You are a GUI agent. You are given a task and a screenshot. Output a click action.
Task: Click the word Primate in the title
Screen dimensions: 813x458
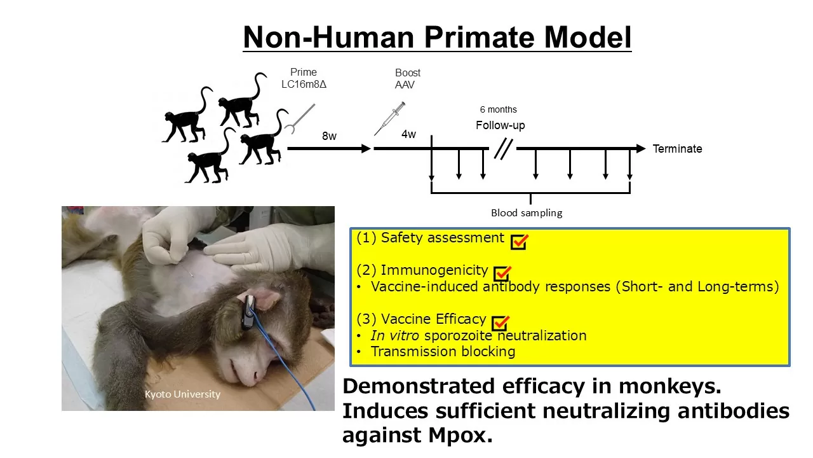pyautogui.click(x=479, y=38)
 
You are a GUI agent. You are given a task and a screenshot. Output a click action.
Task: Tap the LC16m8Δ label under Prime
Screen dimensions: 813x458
pyautogui.click(x=304, y=85)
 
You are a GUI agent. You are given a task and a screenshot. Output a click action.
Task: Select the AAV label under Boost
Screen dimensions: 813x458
pyautogui.click(x=405, y=85)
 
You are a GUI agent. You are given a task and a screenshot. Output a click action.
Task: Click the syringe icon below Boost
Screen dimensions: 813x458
pyautogui.click(x=389, y=118)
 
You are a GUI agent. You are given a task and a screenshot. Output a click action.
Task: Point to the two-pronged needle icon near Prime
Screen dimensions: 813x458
pyautogui.click(x=299, y=118)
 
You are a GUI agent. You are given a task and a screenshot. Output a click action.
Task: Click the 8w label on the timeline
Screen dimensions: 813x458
pyautogui.click(x=329, y=136)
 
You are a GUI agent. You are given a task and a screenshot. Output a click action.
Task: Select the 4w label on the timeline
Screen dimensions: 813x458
pyautogui.click(x=408, y=134)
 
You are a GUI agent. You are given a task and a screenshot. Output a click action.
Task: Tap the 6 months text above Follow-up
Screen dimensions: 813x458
pyautogui.click(x=499, y=109)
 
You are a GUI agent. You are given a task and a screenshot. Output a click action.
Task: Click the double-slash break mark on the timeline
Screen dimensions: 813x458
pyautogui.click(x=504, y=149)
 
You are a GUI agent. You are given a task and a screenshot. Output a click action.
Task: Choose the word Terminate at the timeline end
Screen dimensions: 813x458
pyautogui.click(x=677, y=149)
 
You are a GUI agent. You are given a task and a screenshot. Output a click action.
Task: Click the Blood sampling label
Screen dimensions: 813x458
pyautogui.click(x=527, y=213)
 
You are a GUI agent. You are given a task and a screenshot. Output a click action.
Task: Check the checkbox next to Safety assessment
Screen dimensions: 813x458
pyautogui.click(x=519, y=242)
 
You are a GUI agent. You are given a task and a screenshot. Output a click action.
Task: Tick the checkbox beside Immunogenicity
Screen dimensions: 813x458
pyautogui.click(x=502, y=274)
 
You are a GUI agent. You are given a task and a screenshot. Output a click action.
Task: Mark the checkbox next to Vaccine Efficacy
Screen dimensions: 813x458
pyautogui.click(x=501, y=323)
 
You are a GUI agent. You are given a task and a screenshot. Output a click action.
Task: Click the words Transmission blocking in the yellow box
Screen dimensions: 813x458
pyautogui.click(x=443, y=352)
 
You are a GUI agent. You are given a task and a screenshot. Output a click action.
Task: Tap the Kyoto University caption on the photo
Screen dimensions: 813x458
pyautogui.click(x=182, y=394)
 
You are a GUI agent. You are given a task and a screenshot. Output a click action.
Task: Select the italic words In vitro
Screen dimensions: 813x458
pyautogui.click(x=394, y=335)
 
